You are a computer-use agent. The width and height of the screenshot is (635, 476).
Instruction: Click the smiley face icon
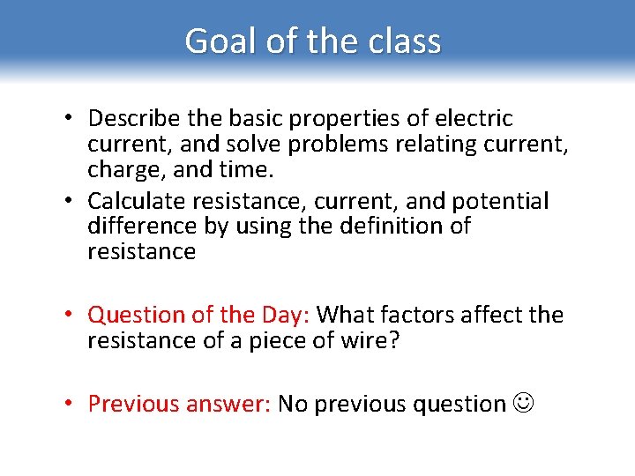(523, 404)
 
